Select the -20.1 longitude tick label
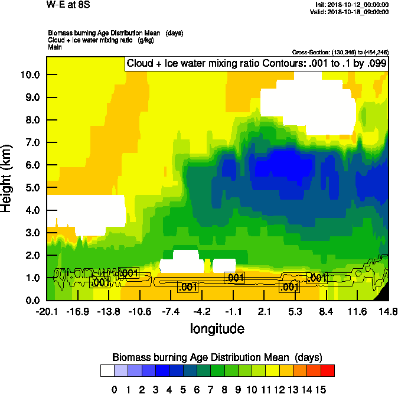coord(47,311)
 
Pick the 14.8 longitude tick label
coord(388,311)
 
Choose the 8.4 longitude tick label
coord(326,311)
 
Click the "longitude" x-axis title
coord(217,328)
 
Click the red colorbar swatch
coord(328,371)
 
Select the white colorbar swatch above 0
coord(107,371)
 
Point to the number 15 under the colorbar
coord(320,389)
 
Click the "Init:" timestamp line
coord(353,4)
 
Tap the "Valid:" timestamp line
coord(353,11)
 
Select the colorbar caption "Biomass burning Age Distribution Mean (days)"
coord(217,357)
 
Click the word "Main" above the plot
coord(55,46)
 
